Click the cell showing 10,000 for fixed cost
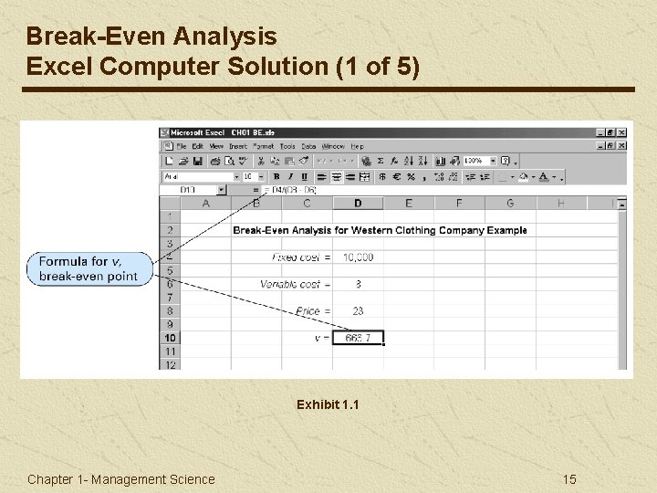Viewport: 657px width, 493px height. [358, 257]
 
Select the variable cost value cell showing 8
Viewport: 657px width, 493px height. [358, 284]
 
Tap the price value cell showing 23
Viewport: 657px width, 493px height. [358, 311]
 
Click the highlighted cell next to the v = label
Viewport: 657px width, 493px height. [358, 338]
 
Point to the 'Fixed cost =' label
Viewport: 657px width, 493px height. [302, 257]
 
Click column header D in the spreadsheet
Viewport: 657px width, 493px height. [358, 203]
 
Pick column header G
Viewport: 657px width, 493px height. [510, 203]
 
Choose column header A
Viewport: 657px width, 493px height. [206, 203]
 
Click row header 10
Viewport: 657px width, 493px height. [171, 338]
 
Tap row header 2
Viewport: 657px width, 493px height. [171, 230]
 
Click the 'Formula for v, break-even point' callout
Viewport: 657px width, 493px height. [89, 269]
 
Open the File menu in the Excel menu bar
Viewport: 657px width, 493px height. [181, 146]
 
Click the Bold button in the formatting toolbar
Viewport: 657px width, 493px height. [276, 176]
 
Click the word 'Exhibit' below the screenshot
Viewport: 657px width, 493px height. [317, 404]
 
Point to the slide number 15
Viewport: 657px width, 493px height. [569, 479]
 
